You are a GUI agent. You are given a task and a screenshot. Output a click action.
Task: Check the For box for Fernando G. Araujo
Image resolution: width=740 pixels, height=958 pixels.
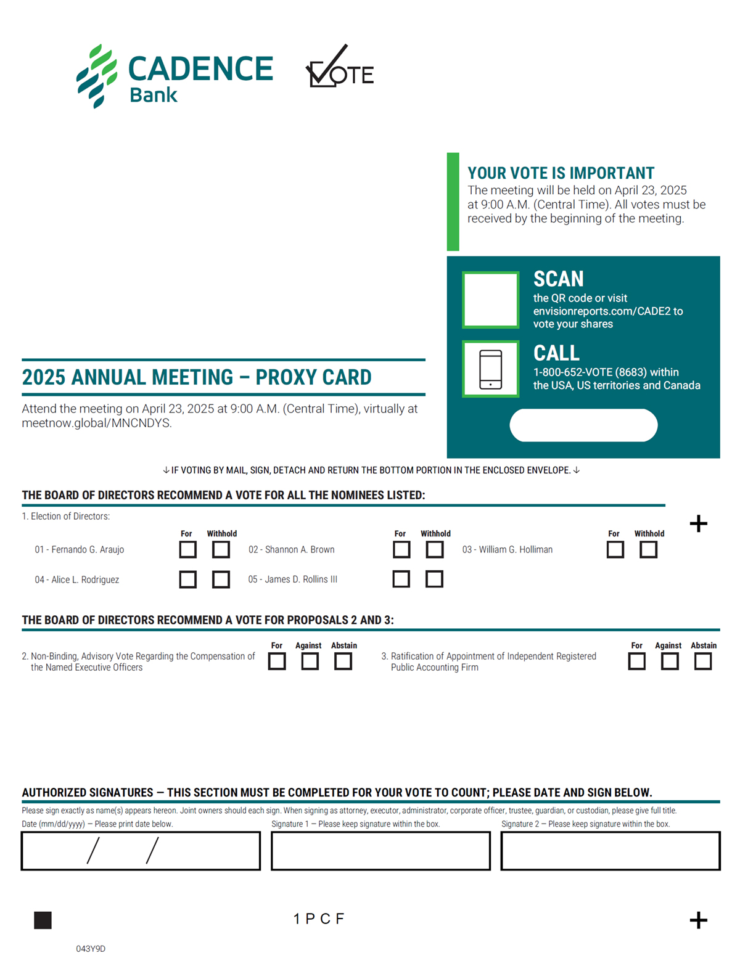click(188, 549)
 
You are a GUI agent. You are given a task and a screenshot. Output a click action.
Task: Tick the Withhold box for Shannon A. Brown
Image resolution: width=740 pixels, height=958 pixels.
click(434, 549)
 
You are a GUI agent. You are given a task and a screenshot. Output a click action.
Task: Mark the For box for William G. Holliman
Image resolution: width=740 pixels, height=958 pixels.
click(615, 549)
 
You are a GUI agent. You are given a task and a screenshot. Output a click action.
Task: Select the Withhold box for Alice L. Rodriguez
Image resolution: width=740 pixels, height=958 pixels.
click(221, 579)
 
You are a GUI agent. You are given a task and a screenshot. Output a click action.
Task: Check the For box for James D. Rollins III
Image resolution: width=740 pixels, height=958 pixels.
click(401, 579)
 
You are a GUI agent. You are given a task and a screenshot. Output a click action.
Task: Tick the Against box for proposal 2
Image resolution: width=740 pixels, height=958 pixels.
click(310, 661)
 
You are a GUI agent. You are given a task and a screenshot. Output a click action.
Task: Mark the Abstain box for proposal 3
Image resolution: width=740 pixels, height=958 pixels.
click(703, 661)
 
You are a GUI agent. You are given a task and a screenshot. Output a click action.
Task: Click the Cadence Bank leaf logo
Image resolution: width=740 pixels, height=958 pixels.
click(97, 76)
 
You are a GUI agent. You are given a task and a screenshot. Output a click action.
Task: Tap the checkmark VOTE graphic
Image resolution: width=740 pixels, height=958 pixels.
click(340, 65)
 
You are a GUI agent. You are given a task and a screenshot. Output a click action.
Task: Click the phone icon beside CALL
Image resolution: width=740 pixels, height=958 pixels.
click(490, 369)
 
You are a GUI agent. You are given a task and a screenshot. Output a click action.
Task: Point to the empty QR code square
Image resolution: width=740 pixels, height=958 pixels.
click(490, 300)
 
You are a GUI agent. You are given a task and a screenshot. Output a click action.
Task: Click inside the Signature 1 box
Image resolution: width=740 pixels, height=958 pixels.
click(380, 851)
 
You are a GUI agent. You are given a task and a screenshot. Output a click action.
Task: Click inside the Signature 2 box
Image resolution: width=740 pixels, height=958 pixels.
click(610, 851)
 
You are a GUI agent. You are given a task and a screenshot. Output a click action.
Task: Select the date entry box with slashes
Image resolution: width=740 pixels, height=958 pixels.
click(141, 851)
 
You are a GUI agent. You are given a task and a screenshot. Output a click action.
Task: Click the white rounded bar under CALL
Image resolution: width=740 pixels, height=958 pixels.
click(583, 425)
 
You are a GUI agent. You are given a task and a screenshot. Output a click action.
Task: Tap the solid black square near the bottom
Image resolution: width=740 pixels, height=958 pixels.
click(43, 920)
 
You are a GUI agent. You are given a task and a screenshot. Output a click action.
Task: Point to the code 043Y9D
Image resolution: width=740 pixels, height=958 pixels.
click(91, 949)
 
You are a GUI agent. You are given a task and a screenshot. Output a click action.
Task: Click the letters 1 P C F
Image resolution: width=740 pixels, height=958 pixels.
click(319, 919)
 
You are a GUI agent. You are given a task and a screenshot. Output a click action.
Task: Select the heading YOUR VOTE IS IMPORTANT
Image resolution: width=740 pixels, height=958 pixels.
click(561, 173)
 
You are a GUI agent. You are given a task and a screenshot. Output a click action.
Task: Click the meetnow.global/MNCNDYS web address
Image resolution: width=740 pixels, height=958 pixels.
click(97, 423)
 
